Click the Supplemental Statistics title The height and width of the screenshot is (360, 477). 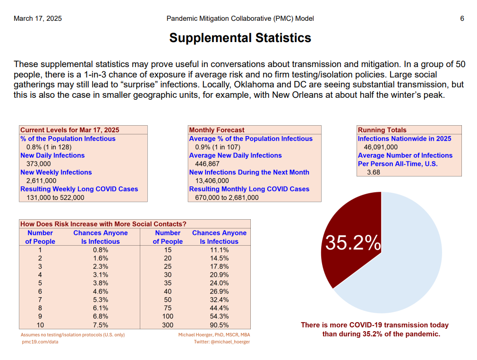tap(240, 38)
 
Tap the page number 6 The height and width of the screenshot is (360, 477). tap(462, 18)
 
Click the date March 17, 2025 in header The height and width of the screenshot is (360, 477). tap(38, 18)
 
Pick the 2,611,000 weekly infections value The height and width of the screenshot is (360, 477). tap(38, 180)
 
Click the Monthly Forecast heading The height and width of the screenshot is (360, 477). tap(217, 130)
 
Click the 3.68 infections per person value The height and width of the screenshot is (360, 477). tap(374, 172)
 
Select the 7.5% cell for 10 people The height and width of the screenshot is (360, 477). tap(101, 325)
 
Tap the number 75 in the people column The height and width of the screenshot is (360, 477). tap(168, 309)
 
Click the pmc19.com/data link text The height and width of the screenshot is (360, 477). tap(40, 342)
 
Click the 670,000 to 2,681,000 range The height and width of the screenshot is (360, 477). tap(227, 197)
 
